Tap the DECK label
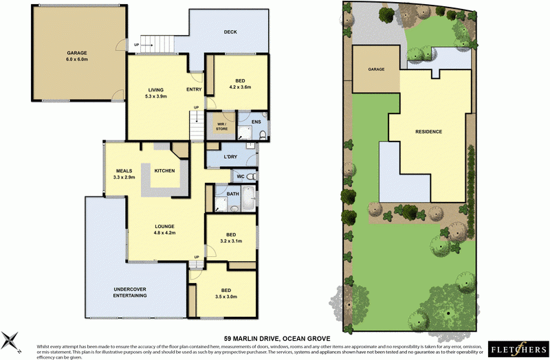pyautogui.click(x=231, y=32)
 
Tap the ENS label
pyautogui.click(x=256, y=122)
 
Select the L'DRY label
pyautogui.click(x=231, y=158)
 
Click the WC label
pyautogui.click(x=241, y=177)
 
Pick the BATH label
pyautogui.click(x=232, y=194)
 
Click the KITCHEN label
pyautogui.click(x=164, y=170)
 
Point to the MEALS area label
pyautogui.click(x=124, y=174)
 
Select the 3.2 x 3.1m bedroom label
pyautogui.click(x=232, y=237)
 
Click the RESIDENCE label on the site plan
pyautogui.click(x=428, y=131)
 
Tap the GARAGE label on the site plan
pyautogui.click(x=375, y=69)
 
